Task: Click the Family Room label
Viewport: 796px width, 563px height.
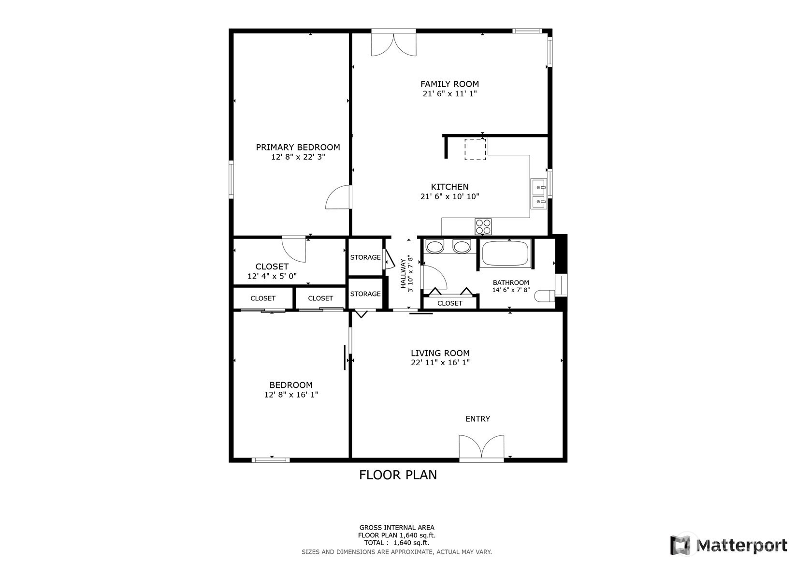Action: coord(449,84)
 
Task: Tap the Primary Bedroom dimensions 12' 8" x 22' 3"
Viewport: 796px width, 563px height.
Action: coord(298,157)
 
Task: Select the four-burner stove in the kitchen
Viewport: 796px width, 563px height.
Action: coord(483,226)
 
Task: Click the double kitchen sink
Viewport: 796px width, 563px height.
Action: coord(539,193)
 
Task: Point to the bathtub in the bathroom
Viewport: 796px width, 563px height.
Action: coord(506,253)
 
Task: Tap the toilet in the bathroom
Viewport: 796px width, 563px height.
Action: coord(544,296)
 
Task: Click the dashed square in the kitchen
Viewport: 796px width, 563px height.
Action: coord(475,149)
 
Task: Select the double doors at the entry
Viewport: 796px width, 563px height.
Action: coord(481,447)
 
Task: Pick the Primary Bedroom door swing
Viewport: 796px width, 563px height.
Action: coord(338,197)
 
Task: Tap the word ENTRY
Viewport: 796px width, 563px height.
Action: coord(478,419)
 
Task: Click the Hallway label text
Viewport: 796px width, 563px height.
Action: coord(403,273)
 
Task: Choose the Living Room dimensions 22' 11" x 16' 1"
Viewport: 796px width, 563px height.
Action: coord(440,362)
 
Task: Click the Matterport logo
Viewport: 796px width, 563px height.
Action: coord(729,545)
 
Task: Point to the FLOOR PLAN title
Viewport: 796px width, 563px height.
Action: coord(398,475)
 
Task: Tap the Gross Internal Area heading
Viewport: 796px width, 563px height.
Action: coord(397,527)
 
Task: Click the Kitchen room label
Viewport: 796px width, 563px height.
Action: coord(449,187)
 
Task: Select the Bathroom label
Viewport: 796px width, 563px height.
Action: coord(511,283)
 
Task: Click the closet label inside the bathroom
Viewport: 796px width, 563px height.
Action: coord(449,303)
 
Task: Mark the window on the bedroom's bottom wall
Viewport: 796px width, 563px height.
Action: coord(271,460)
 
